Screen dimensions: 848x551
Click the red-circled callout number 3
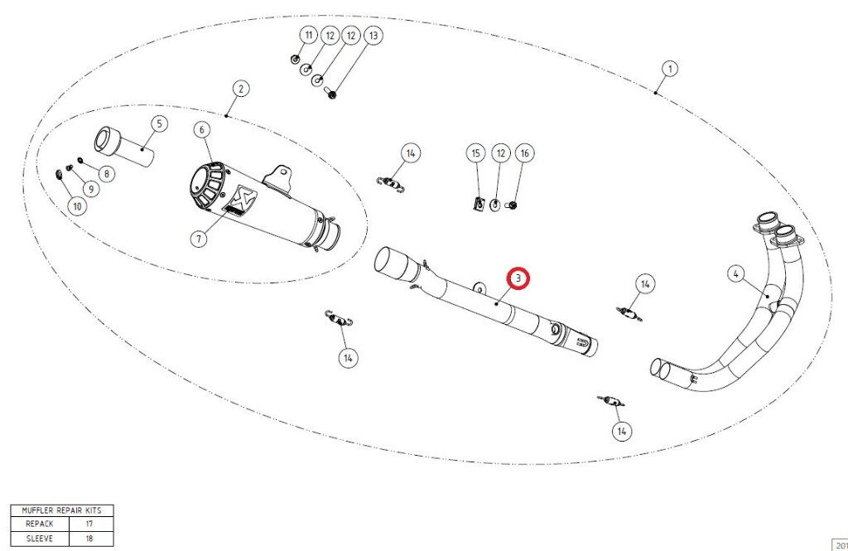pos(518,278)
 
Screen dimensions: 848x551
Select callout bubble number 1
pos(670,69)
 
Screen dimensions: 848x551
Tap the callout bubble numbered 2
pos(241,89)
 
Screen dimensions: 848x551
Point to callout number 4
pos(735,274)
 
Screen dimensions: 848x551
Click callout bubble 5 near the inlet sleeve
pos(159,123)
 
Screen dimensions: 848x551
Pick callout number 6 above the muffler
pos(202,130)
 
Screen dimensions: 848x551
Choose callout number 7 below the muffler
pos(200,238)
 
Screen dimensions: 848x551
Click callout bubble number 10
pos(77,206)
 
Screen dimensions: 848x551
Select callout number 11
pos(309,36)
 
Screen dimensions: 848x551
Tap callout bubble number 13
pos(373,36)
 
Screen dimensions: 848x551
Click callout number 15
pos(475,153)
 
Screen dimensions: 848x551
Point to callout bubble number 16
pos(524,153)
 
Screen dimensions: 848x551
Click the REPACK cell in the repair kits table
pos(40,524)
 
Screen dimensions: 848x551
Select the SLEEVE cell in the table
pos(40,539)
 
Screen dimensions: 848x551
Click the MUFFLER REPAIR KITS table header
pos(62,510)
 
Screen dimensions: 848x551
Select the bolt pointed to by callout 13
pos(331,94)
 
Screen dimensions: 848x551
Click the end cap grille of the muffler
pos(207,185)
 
